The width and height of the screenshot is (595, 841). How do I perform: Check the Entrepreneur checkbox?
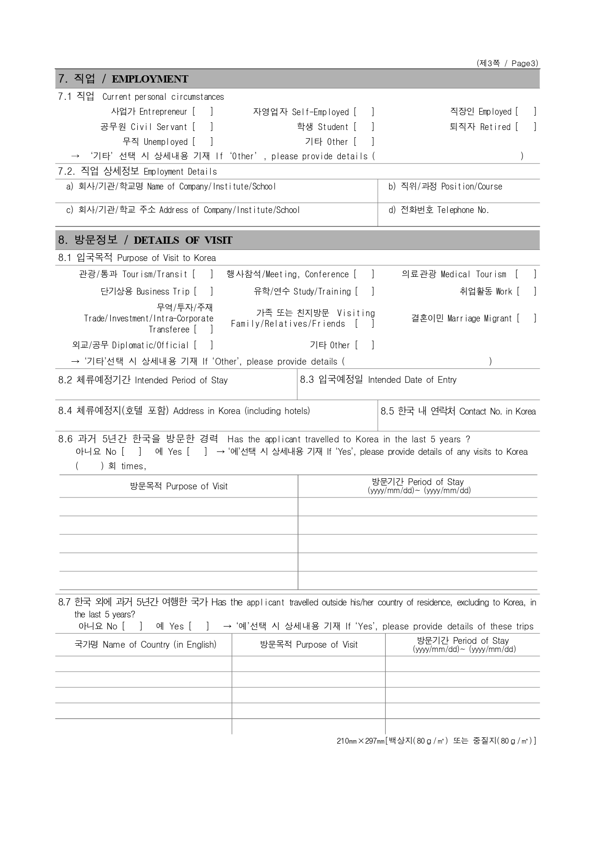pyautogui.click(x=202, y=112)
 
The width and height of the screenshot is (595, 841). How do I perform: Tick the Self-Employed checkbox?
pyautogui.click(x=364, y=112)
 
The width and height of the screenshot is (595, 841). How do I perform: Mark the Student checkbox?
pyautogui.click(x=364, y=127)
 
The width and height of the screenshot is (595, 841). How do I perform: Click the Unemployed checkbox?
pyautogui.click(x=202, y=142)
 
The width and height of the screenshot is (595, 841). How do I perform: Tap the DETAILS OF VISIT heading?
pyautogui.click(x=183, y=240)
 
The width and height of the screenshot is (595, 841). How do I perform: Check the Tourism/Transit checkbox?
pyautogui.click(x=202, y=274)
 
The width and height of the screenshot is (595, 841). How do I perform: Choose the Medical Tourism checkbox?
pyautogui.click(x=526, y=274)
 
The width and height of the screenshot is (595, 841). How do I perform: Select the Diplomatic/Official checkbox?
pyautogui.click(x=203, y=345)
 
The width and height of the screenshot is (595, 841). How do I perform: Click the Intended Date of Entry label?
pyautogui.click(x=412, y=380)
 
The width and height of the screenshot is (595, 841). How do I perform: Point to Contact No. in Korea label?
pyautogui.click(x=497, y=412)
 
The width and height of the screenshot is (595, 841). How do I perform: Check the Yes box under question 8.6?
pyautogui.click(x=197, y=452)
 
